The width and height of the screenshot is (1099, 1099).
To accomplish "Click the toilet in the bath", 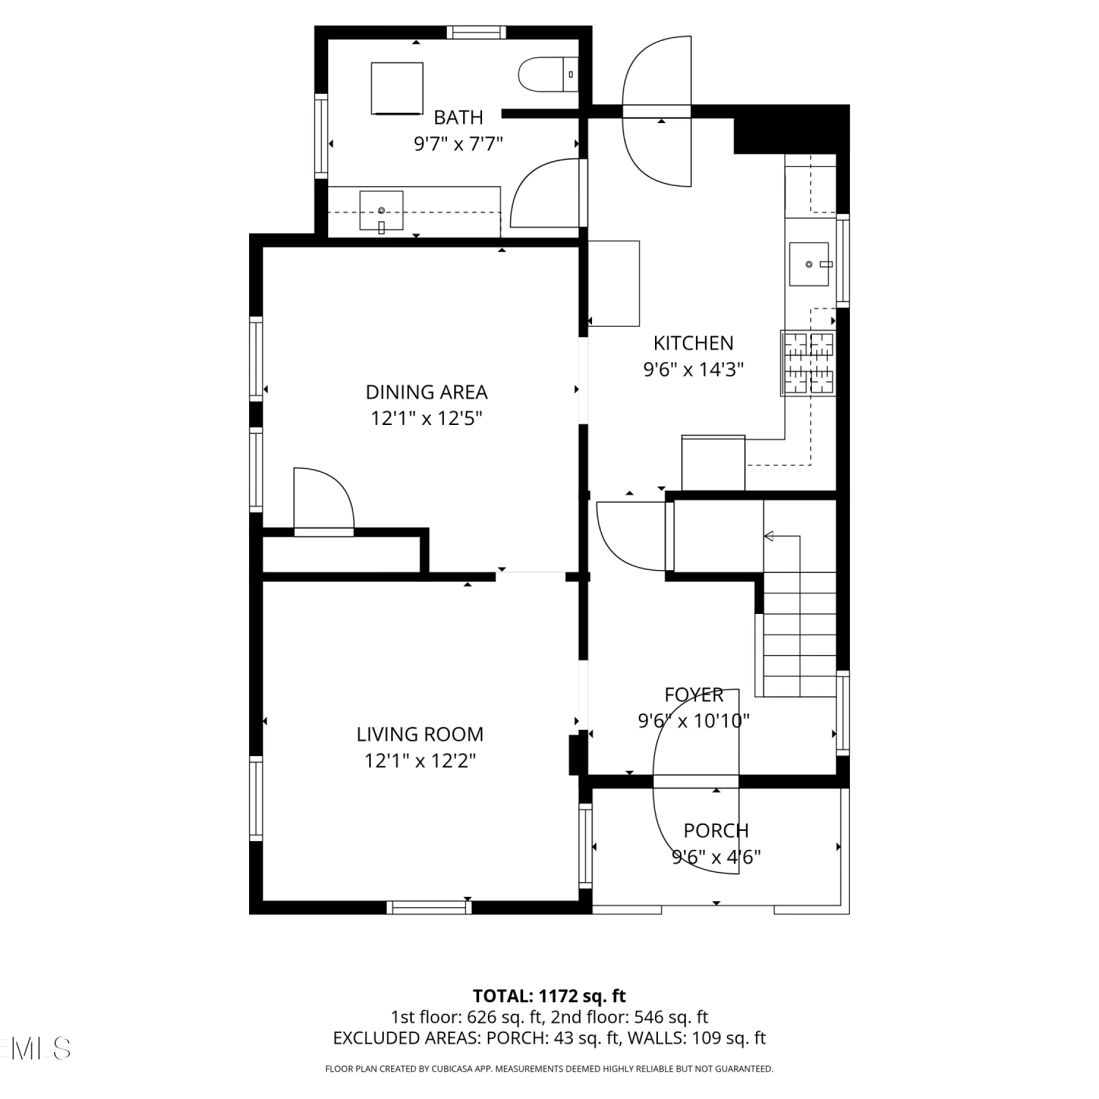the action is (548, 74).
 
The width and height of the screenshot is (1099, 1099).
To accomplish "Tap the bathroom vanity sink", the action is (381, 212).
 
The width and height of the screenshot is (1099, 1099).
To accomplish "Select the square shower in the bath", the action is (397, 89).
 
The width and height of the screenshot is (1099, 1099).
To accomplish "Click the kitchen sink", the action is (809, 264).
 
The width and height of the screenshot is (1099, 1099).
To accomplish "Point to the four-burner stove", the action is (808, 363).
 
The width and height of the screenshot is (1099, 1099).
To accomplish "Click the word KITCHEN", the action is (693, 343).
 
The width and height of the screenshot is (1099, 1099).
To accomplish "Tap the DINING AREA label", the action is (426, 392).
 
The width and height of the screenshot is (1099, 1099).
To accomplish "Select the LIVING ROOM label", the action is (420, 734).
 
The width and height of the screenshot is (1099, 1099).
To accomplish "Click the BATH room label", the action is (459, 117).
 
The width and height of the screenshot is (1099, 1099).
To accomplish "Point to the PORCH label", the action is (716, 831).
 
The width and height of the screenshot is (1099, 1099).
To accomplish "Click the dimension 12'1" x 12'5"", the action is (426, 418).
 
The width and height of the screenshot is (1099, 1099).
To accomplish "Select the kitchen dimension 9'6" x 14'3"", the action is (693, 369).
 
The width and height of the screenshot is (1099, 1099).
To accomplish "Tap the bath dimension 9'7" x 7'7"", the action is (459, 144).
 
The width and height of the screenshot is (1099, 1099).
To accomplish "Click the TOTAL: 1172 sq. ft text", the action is (549, 996).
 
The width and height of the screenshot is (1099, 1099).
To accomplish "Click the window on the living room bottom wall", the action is (429, 908).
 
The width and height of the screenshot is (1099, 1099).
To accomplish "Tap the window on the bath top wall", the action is (476, 32).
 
